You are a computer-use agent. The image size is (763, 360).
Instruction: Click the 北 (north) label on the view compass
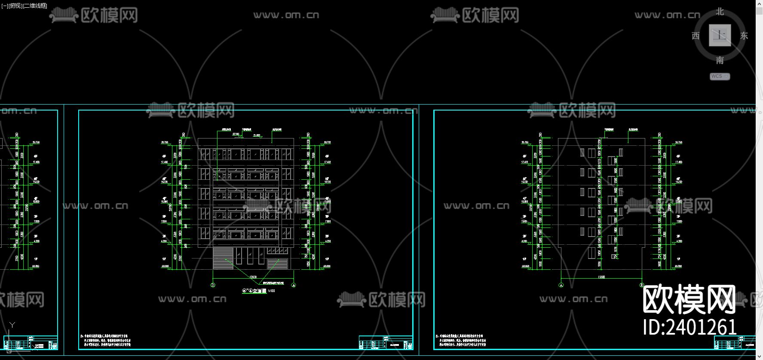click(x=720, y=12)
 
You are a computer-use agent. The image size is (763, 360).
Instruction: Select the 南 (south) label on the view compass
click(x=720, y=60)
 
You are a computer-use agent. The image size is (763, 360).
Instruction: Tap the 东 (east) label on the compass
click(x=744, y=36)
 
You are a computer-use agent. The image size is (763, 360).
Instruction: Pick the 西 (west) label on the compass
click(x=696, y=36)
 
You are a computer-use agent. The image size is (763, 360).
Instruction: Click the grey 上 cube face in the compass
click(x=720, y=35)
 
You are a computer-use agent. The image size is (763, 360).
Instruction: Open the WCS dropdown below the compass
click(x=720, y=77)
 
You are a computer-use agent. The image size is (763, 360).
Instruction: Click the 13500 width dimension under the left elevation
click(x=253, y=277)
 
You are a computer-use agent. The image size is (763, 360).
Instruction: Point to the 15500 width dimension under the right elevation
click(x=601, y=277)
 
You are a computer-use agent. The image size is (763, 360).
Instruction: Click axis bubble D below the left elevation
click(x=213, y=285)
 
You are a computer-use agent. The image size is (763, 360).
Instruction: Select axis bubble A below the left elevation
click(x=294, y=285)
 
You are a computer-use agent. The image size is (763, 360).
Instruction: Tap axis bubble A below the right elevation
click(x=561, y=285)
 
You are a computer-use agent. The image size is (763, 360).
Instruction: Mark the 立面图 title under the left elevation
click(x=259, y=291)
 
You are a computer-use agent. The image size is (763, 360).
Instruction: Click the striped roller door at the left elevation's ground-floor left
click(x=223, y=258)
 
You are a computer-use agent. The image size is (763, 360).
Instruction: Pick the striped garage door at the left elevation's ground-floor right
click(x=277, y=264)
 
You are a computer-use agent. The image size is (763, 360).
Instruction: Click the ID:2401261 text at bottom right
click(x=690, y=327)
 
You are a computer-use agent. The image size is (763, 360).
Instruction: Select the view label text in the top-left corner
click(x=25, y=6)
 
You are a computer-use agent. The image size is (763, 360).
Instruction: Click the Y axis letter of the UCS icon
click(x=12, y=325)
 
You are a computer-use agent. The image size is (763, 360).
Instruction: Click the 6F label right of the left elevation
click(x=327, y=157)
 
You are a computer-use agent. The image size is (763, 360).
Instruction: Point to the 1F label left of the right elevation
click(x=524, y=259)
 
